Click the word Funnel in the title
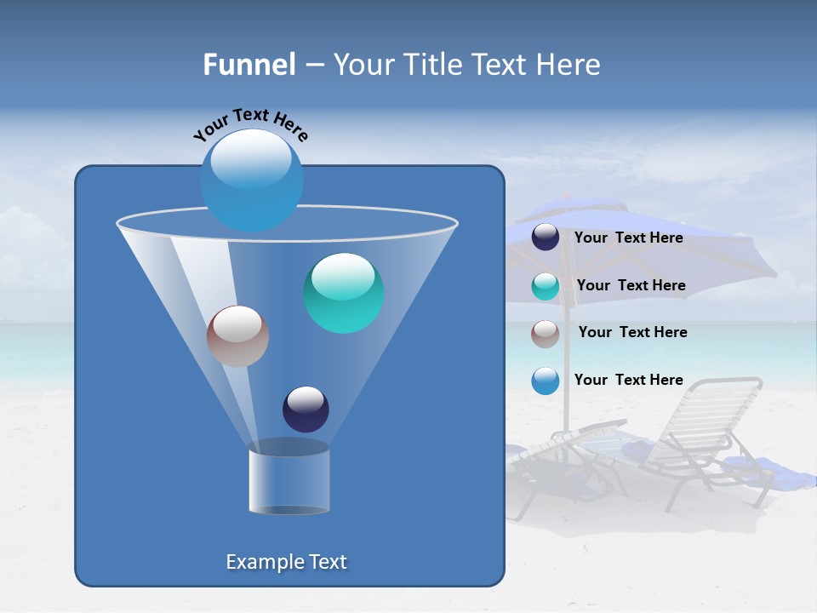pyautogui.click(x=249, y=65)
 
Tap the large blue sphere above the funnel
pyautogui.click(x=251, y=180)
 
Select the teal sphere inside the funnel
pyautogui.click(x=344, y=293)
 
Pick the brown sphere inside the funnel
pyautogui.click(x=237, y=336)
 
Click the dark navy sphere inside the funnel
pyautogui.click(x=306, y=409)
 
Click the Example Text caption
pyautogui.click(x=286, y=562)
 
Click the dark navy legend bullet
pyautogui.click(x=546, y=238)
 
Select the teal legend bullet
pyautogui.click(x=546, y=286)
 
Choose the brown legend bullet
pyautogui.click(x=546, y=333)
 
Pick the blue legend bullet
pyautogui.click(x=546, y=381)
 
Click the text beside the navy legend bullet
pyautogui.click(x=628, y=238)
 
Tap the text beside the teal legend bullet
pyautogui.click(x=631, y=286)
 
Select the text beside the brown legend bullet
pyautogui.click(x=632, y=333)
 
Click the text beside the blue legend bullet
pyautogui.click(x=628, y=381)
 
